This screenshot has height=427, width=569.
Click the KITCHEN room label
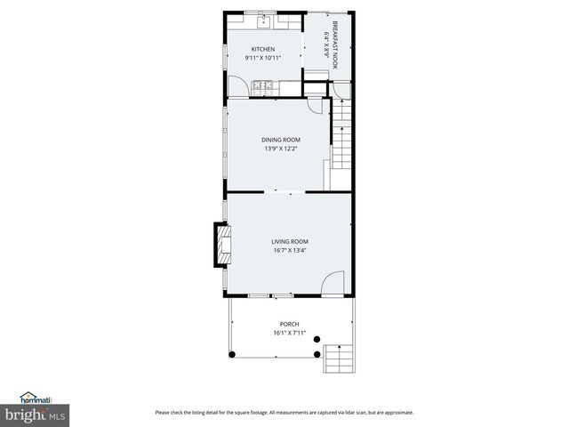[262, 49]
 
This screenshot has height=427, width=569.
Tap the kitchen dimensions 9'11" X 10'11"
[262, 58]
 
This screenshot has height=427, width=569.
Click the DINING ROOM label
[280, 140]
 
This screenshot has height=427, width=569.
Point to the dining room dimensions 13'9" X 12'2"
[280, 149]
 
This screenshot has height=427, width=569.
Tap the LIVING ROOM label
[290, 241]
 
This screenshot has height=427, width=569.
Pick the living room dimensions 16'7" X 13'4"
[290, 250]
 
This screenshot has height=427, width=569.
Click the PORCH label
[289, 324]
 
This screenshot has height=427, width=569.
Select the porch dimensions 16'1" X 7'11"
[289, 333]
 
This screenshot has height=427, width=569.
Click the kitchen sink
[264, 20]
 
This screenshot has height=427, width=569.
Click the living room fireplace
[220, 244]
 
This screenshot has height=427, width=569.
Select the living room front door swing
[331, 284]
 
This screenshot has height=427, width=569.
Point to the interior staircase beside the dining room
[342, 138]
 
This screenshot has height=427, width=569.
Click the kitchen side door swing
[238, 86]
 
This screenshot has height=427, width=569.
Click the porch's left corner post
[232, 354]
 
